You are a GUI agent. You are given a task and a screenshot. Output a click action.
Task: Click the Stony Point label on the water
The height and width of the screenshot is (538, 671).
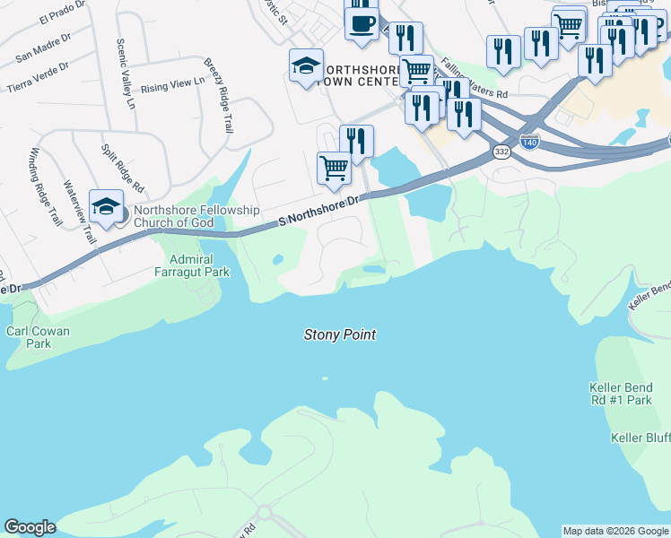click(339, 334)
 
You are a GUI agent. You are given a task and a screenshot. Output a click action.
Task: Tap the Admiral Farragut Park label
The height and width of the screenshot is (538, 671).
click(193, 265)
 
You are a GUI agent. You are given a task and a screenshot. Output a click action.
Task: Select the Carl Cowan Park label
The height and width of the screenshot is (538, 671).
click(38, 337)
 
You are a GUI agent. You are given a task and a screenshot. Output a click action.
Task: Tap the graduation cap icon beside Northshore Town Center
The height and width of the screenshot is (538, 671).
click(306, 65)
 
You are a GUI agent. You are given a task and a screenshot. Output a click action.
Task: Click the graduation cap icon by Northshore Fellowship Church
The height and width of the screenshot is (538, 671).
click(106, 207)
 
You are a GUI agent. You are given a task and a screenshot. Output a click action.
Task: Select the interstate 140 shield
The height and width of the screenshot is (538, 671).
click(530, 142)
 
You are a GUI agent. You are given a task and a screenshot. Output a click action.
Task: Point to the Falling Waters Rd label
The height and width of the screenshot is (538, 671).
click(475, 81)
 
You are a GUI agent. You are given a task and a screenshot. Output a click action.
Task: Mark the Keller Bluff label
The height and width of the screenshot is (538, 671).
click(640, 438)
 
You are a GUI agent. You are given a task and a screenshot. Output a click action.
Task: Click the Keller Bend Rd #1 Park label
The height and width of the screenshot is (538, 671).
click(620, 394)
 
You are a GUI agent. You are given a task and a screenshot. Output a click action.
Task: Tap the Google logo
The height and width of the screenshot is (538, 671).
click(30, 527)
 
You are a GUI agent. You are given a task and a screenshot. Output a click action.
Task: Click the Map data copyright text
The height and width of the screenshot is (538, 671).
click(615, 531)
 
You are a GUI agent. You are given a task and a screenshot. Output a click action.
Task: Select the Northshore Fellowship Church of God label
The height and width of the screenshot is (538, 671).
click(196, 216)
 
